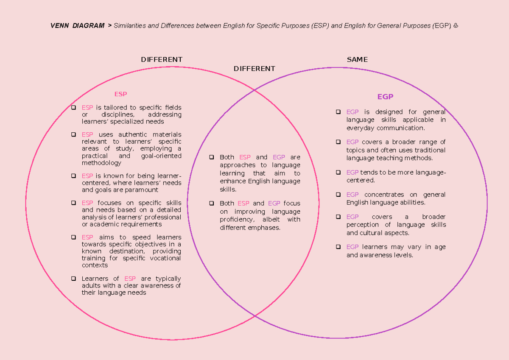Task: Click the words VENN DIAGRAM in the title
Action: [77, 26]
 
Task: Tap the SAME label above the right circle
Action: [357, 60]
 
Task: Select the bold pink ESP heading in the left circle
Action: [120, 94]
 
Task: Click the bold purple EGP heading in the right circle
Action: [385, 97]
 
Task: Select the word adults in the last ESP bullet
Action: [91, 286]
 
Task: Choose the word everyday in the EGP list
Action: [361, 128]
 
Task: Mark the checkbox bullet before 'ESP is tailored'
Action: [74, 108]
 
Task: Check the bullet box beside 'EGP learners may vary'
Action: [338, 247]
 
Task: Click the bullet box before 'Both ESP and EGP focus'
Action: [212, 204]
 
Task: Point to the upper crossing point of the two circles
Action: [255, 90]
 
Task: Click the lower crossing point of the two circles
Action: [255, 316]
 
